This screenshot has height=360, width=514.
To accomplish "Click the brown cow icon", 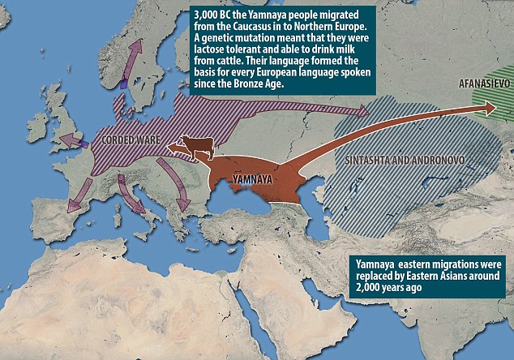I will [x=195, y=146].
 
